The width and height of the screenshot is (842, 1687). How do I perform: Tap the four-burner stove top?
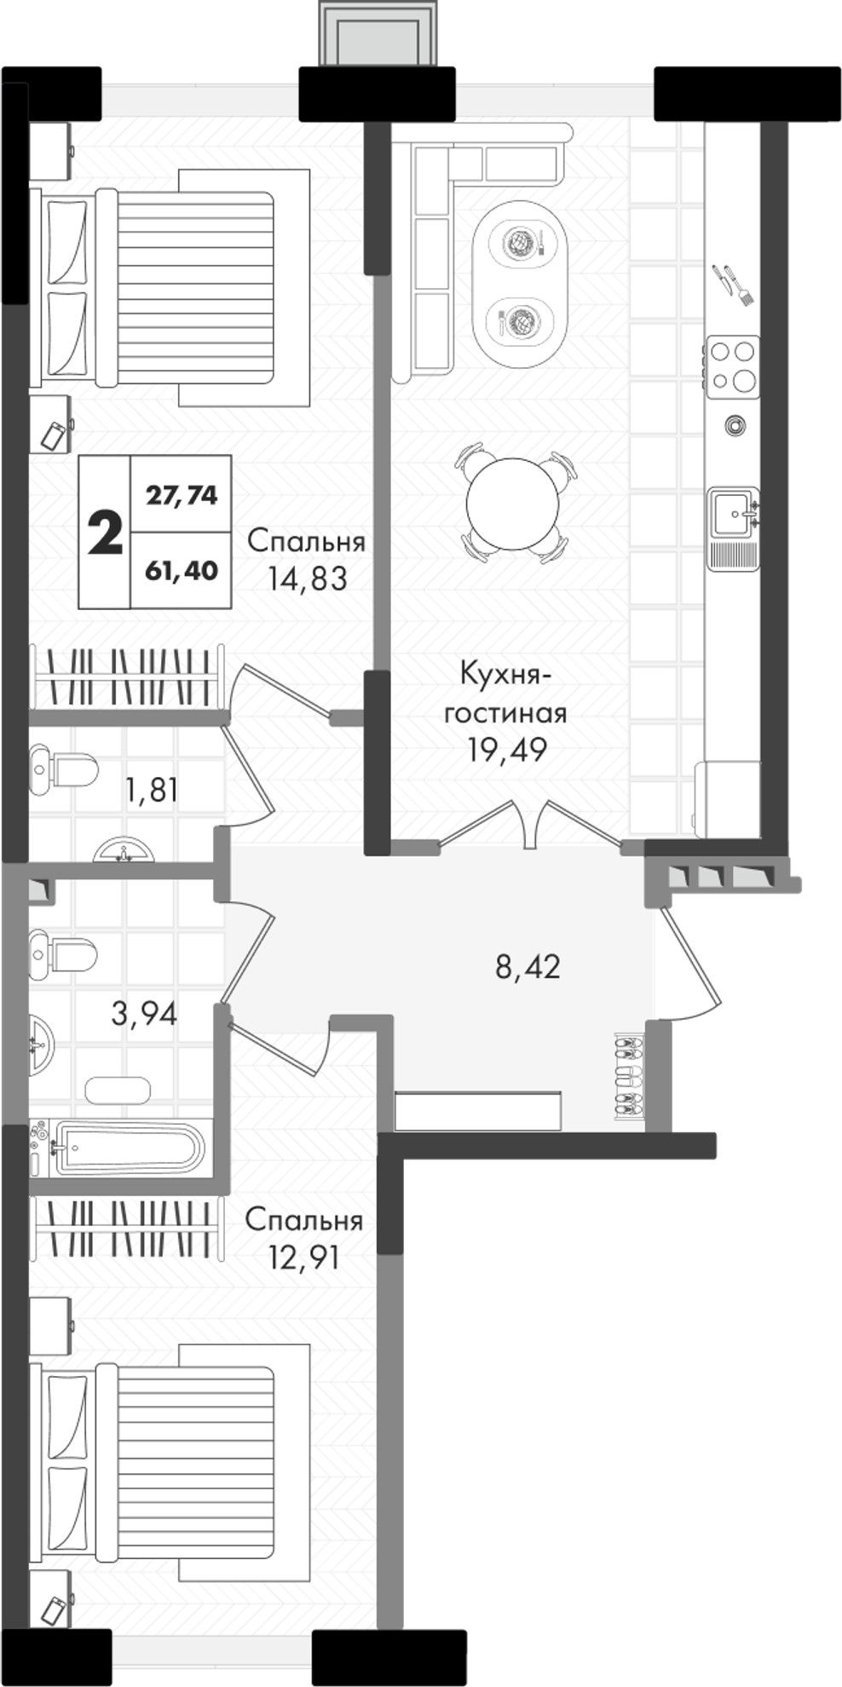point(732,366)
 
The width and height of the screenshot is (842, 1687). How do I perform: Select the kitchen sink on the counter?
point(734,512)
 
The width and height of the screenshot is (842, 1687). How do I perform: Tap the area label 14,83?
point(308,579)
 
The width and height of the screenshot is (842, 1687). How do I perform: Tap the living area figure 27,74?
point(182,494)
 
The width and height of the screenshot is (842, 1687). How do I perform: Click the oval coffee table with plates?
point(521,284)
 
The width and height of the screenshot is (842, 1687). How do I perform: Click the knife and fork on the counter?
point(732,285)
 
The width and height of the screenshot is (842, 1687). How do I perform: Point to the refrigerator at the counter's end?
point(726,799)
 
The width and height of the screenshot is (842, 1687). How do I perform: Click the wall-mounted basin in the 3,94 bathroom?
point(41,1045)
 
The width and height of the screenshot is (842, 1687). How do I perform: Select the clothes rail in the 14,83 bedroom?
point(127,677)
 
